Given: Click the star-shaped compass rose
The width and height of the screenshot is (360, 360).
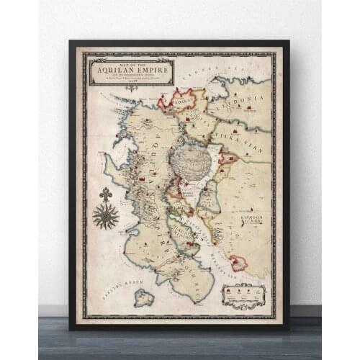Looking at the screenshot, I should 106,217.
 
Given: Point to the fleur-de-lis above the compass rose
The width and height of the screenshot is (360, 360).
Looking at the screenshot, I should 106,194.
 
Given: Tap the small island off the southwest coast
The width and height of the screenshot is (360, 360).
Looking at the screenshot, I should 144,297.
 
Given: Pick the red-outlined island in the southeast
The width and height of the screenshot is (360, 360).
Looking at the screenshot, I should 237,264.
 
